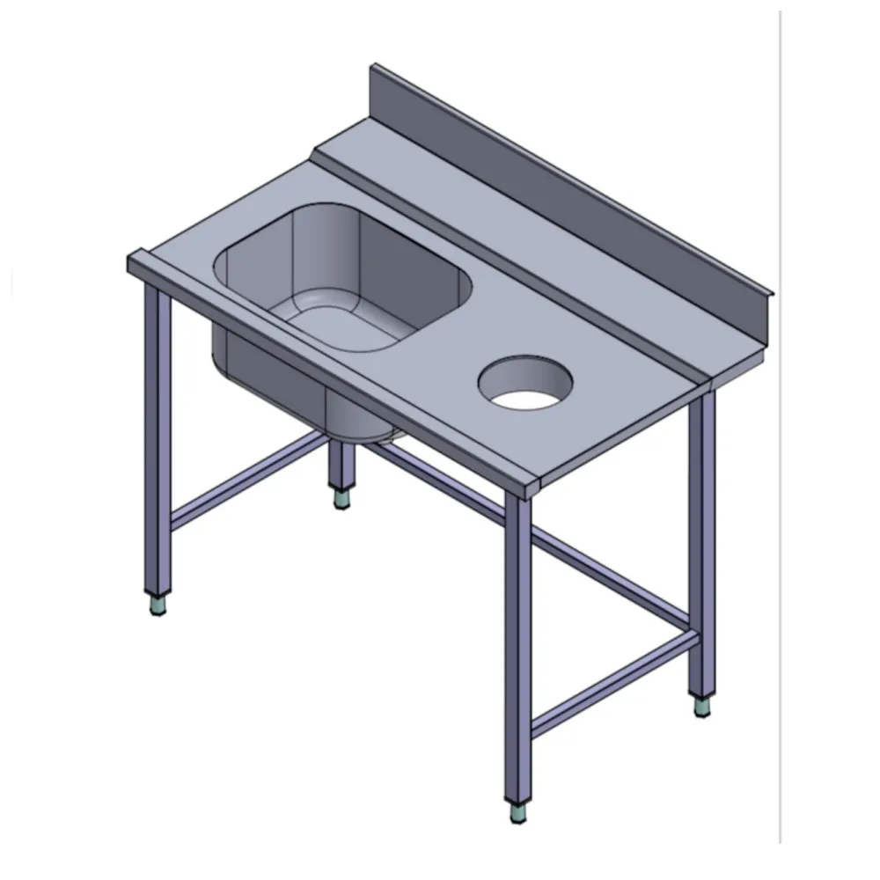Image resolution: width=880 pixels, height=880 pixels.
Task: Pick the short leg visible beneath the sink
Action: coord(337,466)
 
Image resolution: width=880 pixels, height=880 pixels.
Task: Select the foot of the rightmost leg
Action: coord(701,707)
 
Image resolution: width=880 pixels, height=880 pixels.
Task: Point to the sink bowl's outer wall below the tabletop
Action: coord(264,378)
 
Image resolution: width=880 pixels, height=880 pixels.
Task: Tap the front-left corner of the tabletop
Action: coord(132,261)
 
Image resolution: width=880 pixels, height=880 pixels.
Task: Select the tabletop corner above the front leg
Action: coord(524,484)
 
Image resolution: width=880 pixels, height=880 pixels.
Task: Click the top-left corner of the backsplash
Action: coord(374,67)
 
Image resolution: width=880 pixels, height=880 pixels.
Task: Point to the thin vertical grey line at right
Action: coord(779,440)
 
